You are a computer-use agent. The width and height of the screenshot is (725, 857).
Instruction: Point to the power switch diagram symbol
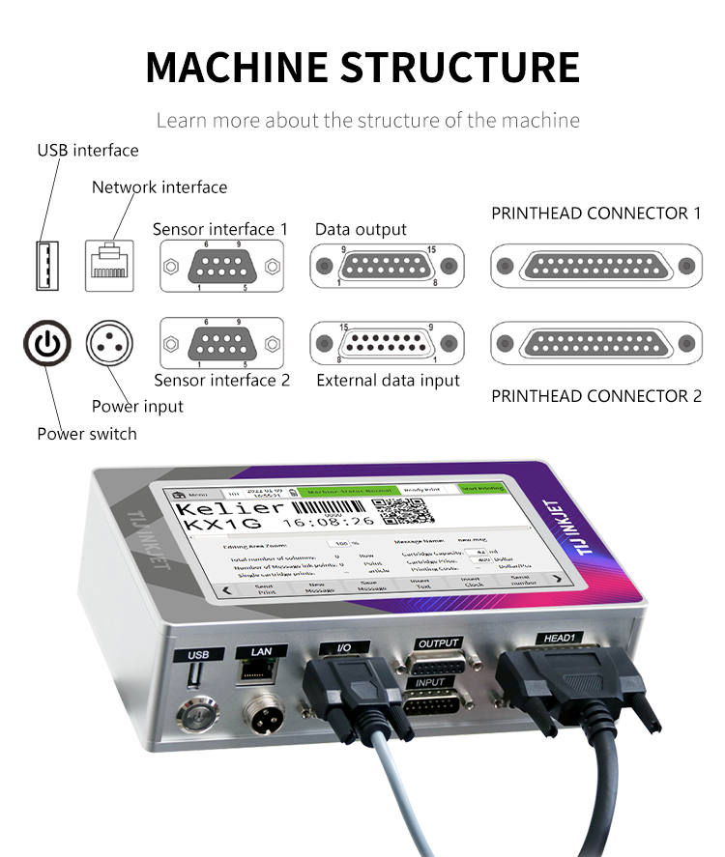tap(47, 343)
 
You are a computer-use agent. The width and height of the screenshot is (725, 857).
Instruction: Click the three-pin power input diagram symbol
tap(109, 343)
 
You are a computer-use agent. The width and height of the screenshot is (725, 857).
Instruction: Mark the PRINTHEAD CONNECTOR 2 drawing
tap(594, 343)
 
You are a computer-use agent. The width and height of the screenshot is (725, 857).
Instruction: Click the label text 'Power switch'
tap(87, 434)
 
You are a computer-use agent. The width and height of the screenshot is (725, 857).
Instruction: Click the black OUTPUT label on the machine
tap(438, 643)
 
